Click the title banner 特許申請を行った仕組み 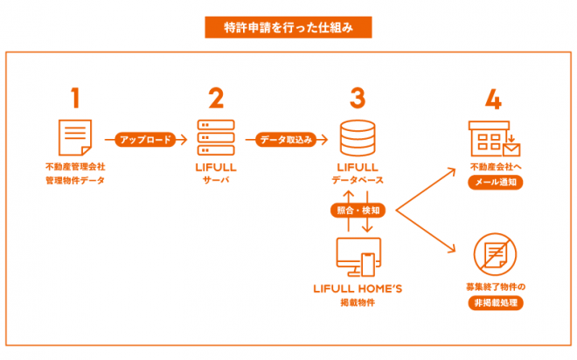[288, 26]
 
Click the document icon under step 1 [76, 138]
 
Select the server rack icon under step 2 [217, 138]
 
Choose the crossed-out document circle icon [495, 254]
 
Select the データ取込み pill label [286, 138]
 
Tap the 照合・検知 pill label [357, 210]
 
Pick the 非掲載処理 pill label [495, 302]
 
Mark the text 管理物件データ [75, 180]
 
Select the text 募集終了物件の [495, 287]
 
